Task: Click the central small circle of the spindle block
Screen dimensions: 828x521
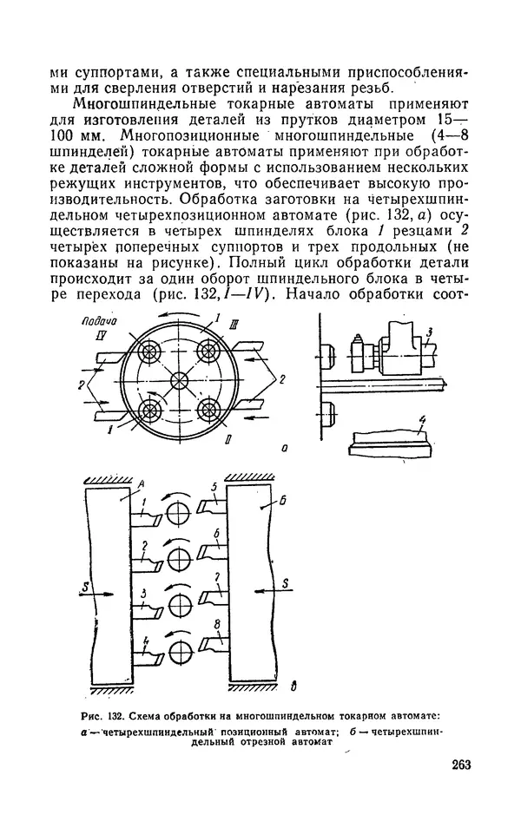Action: coord(179,382)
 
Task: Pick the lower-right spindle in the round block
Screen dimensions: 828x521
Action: coord(208,410)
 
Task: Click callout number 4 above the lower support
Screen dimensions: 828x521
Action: coord(422,424)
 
